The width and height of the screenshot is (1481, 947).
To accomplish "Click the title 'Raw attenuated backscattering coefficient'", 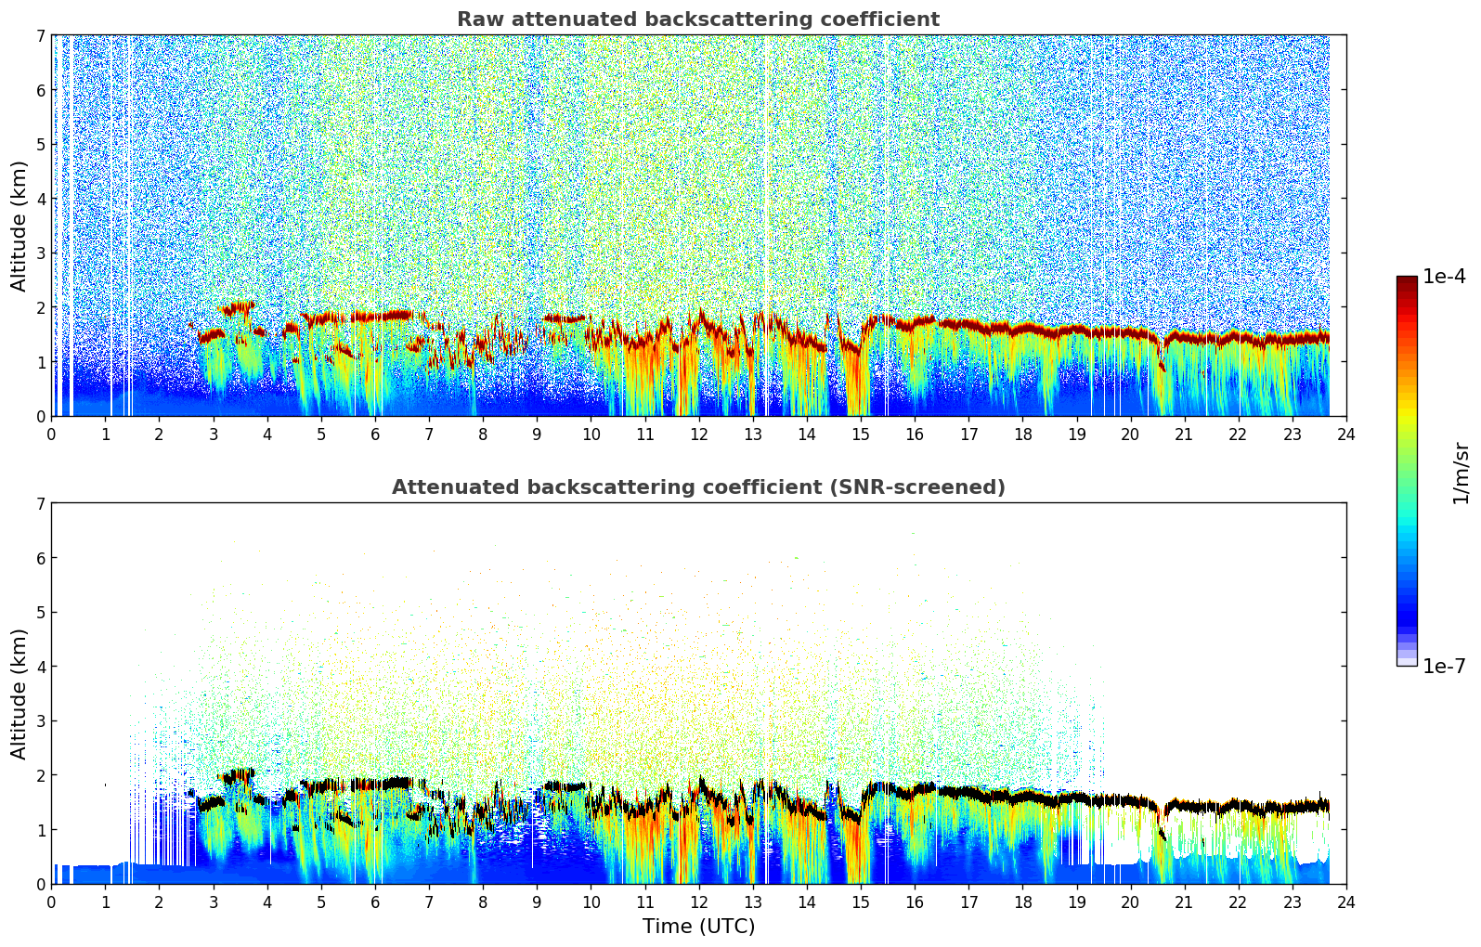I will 697,19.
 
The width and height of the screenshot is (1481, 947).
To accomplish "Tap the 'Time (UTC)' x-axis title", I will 698,927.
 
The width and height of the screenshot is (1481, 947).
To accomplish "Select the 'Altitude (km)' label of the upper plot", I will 19,226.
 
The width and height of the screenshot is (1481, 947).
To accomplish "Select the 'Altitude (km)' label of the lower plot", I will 19,694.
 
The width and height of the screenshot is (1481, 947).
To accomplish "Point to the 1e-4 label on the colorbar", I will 1444,277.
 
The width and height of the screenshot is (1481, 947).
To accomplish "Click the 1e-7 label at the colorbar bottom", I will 1444,667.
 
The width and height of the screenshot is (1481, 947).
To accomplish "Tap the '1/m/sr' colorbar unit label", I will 1461,473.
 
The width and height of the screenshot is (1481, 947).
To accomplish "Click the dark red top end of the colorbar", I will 1407,280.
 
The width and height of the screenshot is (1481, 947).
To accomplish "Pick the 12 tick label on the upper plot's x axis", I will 698,435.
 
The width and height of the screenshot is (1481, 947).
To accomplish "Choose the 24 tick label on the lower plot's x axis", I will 1346,902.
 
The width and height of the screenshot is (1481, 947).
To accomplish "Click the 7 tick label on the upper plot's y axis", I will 41,36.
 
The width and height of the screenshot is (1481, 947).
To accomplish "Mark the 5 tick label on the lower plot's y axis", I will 41,613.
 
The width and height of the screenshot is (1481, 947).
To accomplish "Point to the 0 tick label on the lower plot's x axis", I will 51,902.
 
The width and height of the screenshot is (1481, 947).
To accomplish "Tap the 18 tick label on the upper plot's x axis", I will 1022,435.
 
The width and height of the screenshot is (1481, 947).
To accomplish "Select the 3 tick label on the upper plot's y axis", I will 41,253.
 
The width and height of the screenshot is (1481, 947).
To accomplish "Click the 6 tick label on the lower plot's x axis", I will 375,902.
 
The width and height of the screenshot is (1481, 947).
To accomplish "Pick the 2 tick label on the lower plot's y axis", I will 41,775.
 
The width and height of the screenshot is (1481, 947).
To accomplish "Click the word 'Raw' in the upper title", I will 476,19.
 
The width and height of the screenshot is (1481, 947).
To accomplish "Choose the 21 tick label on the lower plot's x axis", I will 1184,902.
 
